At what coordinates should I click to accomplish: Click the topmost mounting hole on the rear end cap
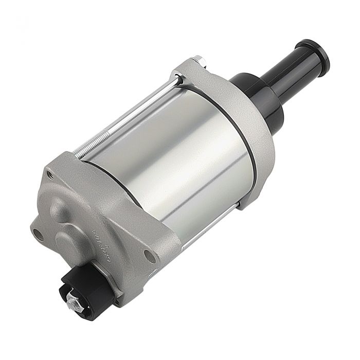pyautogui.click(x=49, y=174)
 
